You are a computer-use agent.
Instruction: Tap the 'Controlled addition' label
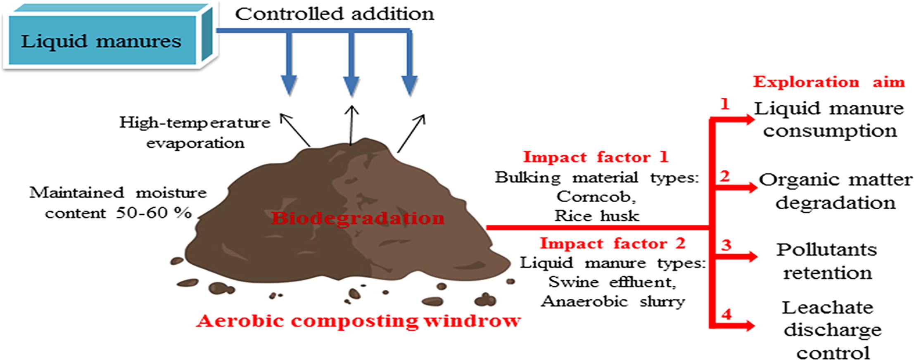335,14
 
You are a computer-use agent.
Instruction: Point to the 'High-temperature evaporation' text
195,133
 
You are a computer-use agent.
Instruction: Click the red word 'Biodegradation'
358,218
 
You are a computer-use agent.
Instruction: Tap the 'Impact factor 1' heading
596,157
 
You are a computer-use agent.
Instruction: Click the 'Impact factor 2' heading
612,243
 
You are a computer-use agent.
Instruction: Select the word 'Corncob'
596,197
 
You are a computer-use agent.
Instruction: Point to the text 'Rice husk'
597,216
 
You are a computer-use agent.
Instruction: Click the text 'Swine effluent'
612,282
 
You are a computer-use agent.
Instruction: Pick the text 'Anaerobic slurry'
613,301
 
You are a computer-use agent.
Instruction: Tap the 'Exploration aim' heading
829,82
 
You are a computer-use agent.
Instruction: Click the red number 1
725,104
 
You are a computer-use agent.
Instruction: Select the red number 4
726,315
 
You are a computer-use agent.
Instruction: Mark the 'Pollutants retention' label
827,261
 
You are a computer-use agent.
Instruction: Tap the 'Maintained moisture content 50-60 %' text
118,203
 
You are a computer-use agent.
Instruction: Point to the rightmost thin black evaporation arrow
411,133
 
